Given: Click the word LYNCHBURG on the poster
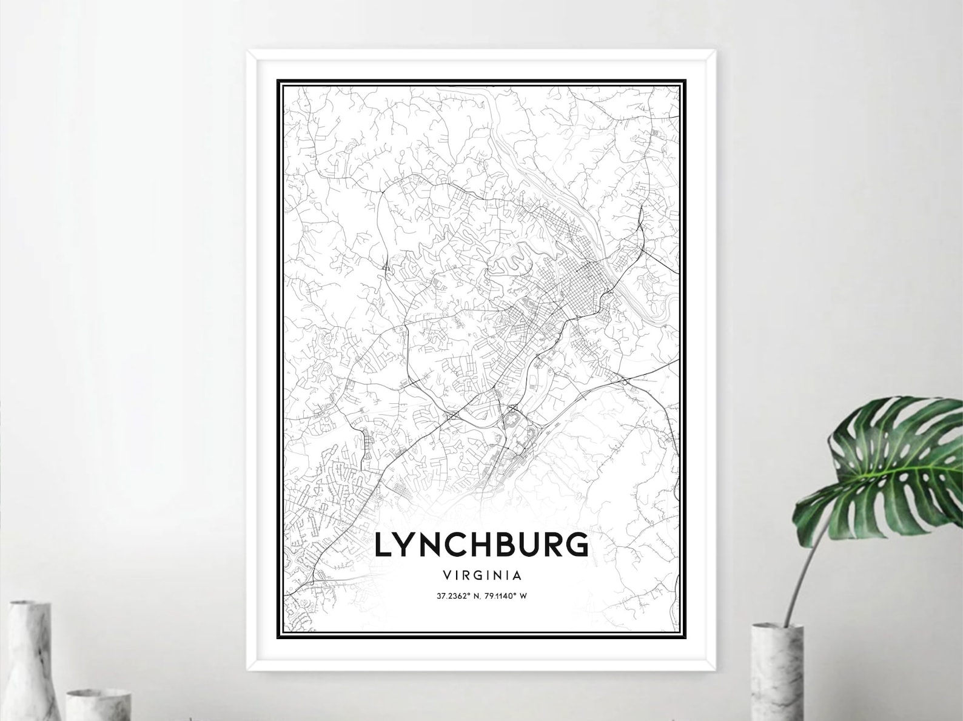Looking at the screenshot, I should click(481, 544).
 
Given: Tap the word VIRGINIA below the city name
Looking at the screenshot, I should click(482, 574).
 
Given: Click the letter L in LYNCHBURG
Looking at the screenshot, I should click(383, 544).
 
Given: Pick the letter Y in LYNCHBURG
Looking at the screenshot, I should click(407, 544).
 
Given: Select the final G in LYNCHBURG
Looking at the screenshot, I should click(577, 544).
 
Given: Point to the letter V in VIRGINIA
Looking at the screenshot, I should click(447, 574).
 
